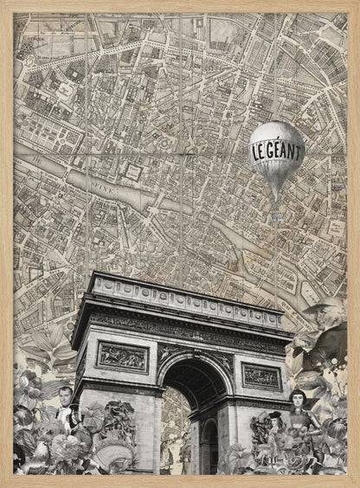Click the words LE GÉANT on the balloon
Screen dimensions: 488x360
pos(277,149)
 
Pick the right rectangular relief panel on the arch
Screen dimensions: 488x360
pos(260,376)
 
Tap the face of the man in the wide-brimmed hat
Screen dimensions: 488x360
pos(323,323)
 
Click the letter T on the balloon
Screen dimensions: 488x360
pos(299,150)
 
